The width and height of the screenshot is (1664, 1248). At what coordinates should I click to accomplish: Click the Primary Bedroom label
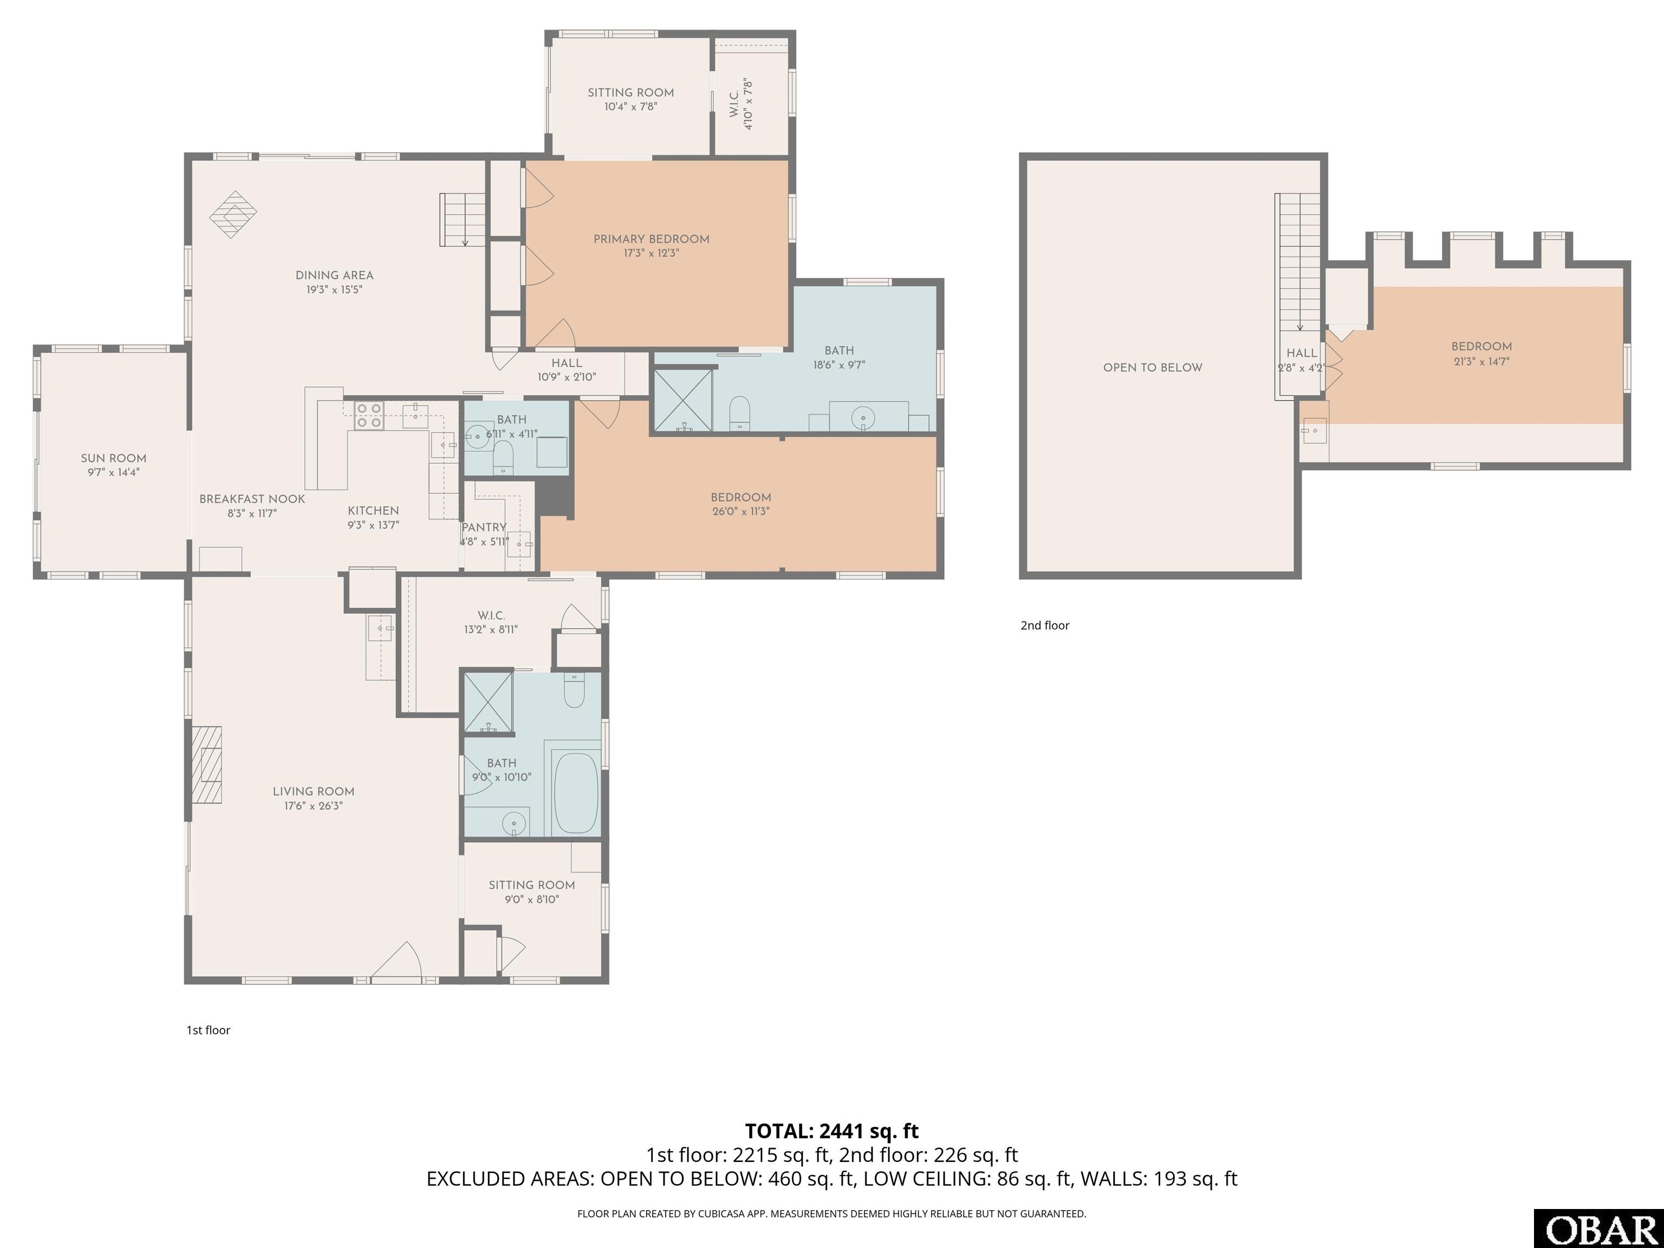(652, 239)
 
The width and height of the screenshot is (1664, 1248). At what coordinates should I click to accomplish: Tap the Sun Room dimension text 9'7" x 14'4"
(114, 472)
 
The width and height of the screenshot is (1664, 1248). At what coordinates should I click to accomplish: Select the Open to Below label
(1153, 368)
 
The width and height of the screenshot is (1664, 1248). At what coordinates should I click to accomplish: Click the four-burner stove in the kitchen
(369, 415)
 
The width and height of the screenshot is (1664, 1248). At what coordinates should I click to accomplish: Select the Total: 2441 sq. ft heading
(831, 1130)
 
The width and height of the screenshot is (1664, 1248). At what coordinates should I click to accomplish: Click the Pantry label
(484, 528)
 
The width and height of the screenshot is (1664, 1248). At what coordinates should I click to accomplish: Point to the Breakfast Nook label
(252, 499)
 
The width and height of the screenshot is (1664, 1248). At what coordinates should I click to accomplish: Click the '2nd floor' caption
(1045, 625)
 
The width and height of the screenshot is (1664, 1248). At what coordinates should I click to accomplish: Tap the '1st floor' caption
(209, 1030)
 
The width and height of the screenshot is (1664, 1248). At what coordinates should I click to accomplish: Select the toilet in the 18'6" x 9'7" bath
(740, 413)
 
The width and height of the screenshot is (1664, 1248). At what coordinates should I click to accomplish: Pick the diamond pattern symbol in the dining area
(233, 214)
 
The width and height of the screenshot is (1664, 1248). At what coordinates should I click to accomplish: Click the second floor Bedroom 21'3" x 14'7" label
(1481, 347)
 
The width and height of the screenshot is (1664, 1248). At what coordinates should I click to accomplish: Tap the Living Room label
(313, 791)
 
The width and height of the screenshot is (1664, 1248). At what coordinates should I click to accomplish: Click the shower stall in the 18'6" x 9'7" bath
(683, 400)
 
